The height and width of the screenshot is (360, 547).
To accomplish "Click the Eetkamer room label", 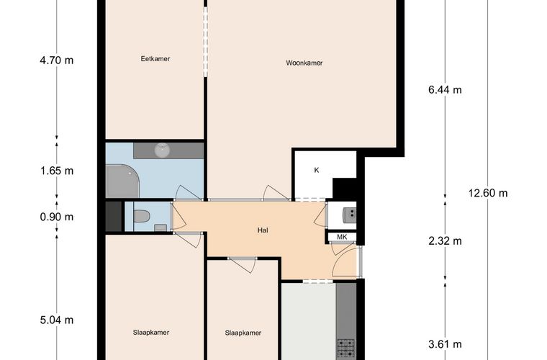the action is click(155, 59).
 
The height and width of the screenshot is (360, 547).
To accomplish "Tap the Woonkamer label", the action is click(304, 63).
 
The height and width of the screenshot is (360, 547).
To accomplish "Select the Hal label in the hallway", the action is click(263, 230).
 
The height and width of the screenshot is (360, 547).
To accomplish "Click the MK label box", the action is click(342, 237).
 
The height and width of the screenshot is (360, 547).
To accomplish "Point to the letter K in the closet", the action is click(317, 170).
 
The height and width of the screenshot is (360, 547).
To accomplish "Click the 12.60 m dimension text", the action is click(488, 193).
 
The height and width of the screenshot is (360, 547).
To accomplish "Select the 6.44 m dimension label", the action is click(445, 90).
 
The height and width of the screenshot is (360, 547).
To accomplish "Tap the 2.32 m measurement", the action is click(445, 241).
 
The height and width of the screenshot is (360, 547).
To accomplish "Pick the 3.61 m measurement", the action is click(445, 344).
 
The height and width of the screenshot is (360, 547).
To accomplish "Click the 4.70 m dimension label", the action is click(57, 60).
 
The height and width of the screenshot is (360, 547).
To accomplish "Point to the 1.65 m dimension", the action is click(57, 171).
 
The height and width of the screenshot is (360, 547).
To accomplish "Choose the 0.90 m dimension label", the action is click(57, 217).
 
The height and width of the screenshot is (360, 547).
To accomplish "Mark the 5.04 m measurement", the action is click(57, 320).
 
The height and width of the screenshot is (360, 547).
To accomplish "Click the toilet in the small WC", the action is click(142, 216).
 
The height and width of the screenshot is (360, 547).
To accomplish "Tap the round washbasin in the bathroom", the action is click(162, 150).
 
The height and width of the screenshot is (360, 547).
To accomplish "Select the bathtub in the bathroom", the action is click(122, 181).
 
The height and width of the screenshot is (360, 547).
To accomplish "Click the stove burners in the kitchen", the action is click(345, 349).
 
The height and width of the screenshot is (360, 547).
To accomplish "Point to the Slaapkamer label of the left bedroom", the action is click(151, 333).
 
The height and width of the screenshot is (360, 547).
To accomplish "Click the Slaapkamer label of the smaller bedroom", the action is click(243, 333).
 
